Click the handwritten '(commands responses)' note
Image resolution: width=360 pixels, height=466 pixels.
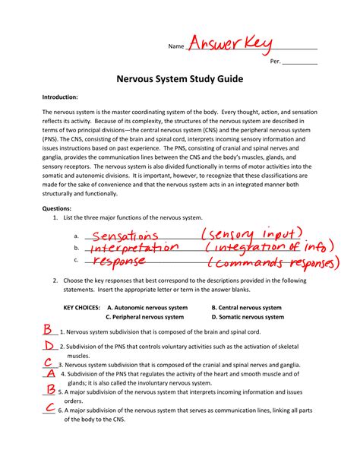pyautogui.click(x=271, y=263)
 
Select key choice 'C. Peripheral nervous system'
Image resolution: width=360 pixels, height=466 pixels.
pyautogui.click(x=145, y=317)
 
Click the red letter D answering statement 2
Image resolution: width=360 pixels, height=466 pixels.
pyautogui.click(x=48, y=346)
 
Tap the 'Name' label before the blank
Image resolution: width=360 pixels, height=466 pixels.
pyautogui.click(x=175, y=47)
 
